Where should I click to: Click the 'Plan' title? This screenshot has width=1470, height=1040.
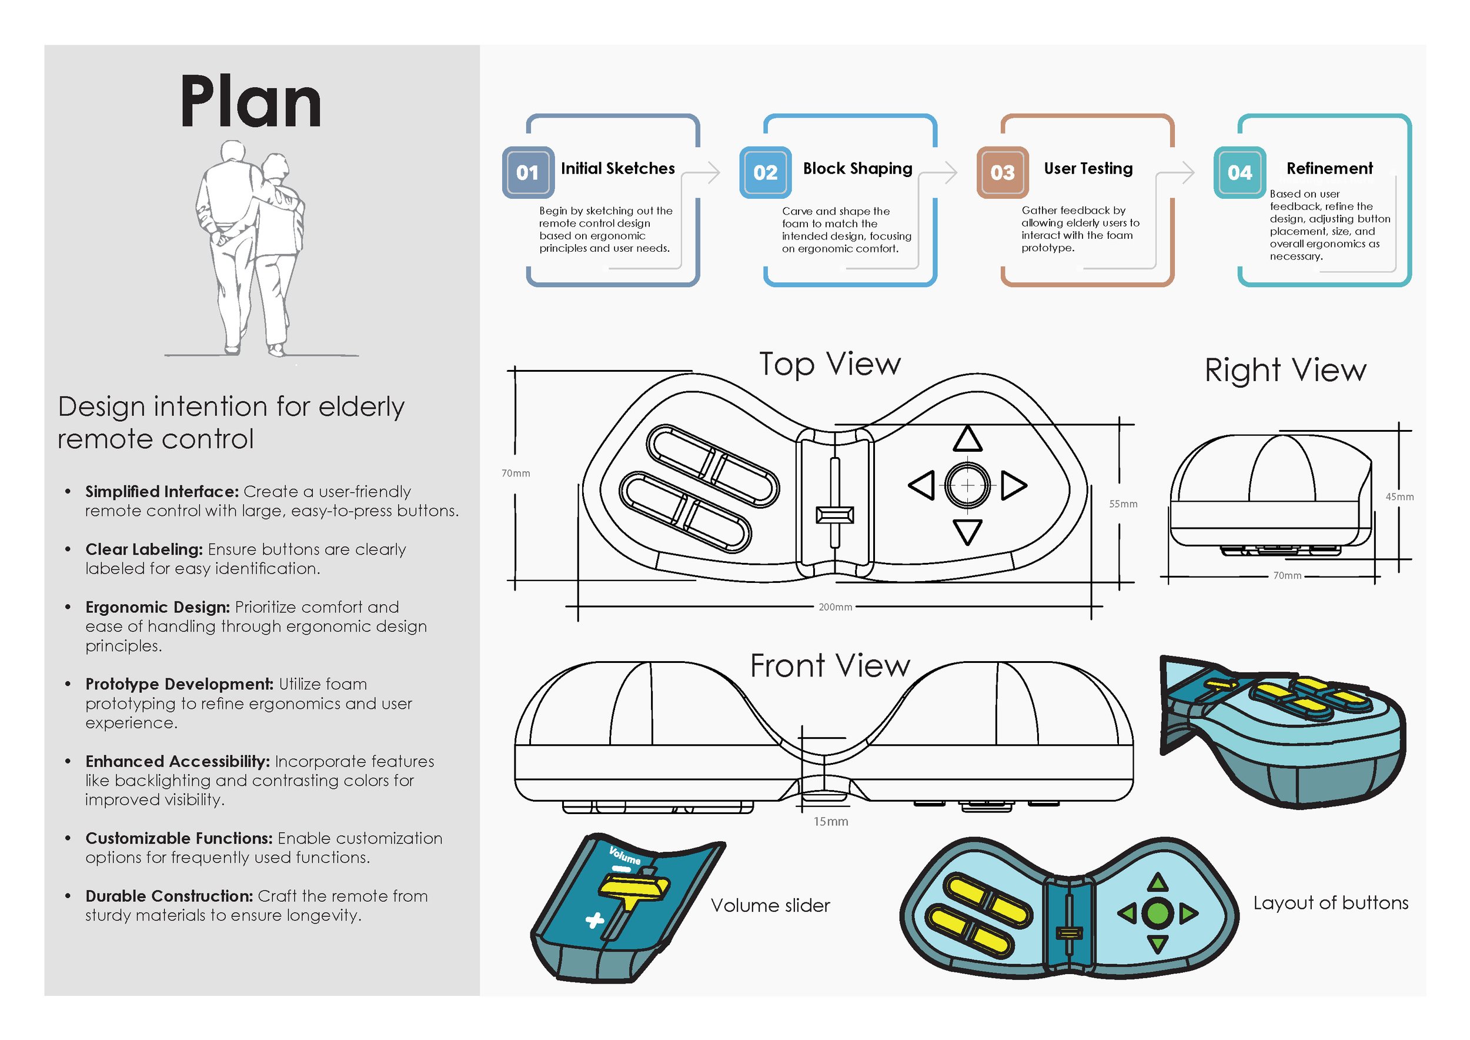(x=250, y=102)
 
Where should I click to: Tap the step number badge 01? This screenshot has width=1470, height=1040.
(x=527, y=172)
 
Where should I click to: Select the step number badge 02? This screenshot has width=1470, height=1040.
(x=765, y=172)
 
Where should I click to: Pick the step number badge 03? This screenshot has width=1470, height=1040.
(x=1002, y=172)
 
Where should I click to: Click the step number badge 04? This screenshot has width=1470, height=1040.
(x=1240, y=172)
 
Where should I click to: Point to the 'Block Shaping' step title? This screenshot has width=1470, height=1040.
(x=857, y=168)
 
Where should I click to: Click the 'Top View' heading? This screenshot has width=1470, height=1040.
(x=830, y=364)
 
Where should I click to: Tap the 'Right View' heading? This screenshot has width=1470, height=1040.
(x=1285, y=370)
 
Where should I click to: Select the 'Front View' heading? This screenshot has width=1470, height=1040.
(x=830, y=665)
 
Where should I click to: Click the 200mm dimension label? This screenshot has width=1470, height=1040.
(x=835, y=607)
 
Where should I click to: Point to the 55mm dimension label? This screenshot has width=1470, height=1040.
(x=1123, y=504)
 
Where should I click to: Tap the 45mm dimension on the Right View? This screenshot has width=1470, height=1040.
(x=1399, y=497)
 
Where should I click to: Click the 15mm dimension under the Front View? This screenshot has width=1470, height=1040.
(x=830, y=822)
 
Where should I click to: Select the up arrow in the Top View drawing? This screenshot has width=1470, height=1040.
(x=967, y=440)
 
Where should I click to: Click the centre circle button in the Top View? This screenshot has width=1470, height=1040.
(x=967, y=485)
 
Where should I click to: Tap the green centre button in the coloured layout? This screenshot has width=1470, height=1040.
(x=1157, y=913)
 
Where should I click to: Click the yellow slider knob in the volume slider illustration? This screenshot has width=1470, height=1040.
(x=634, y=887)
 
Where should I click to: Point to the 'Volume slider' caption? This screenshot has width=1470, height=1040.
(x=770, y=905)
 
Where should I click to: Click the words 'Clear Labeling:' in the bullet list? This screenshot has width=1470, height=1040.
(x=144, y=549)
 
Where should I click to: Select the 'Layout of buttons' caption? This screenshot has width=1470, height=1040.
(x=1331, y=903)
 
